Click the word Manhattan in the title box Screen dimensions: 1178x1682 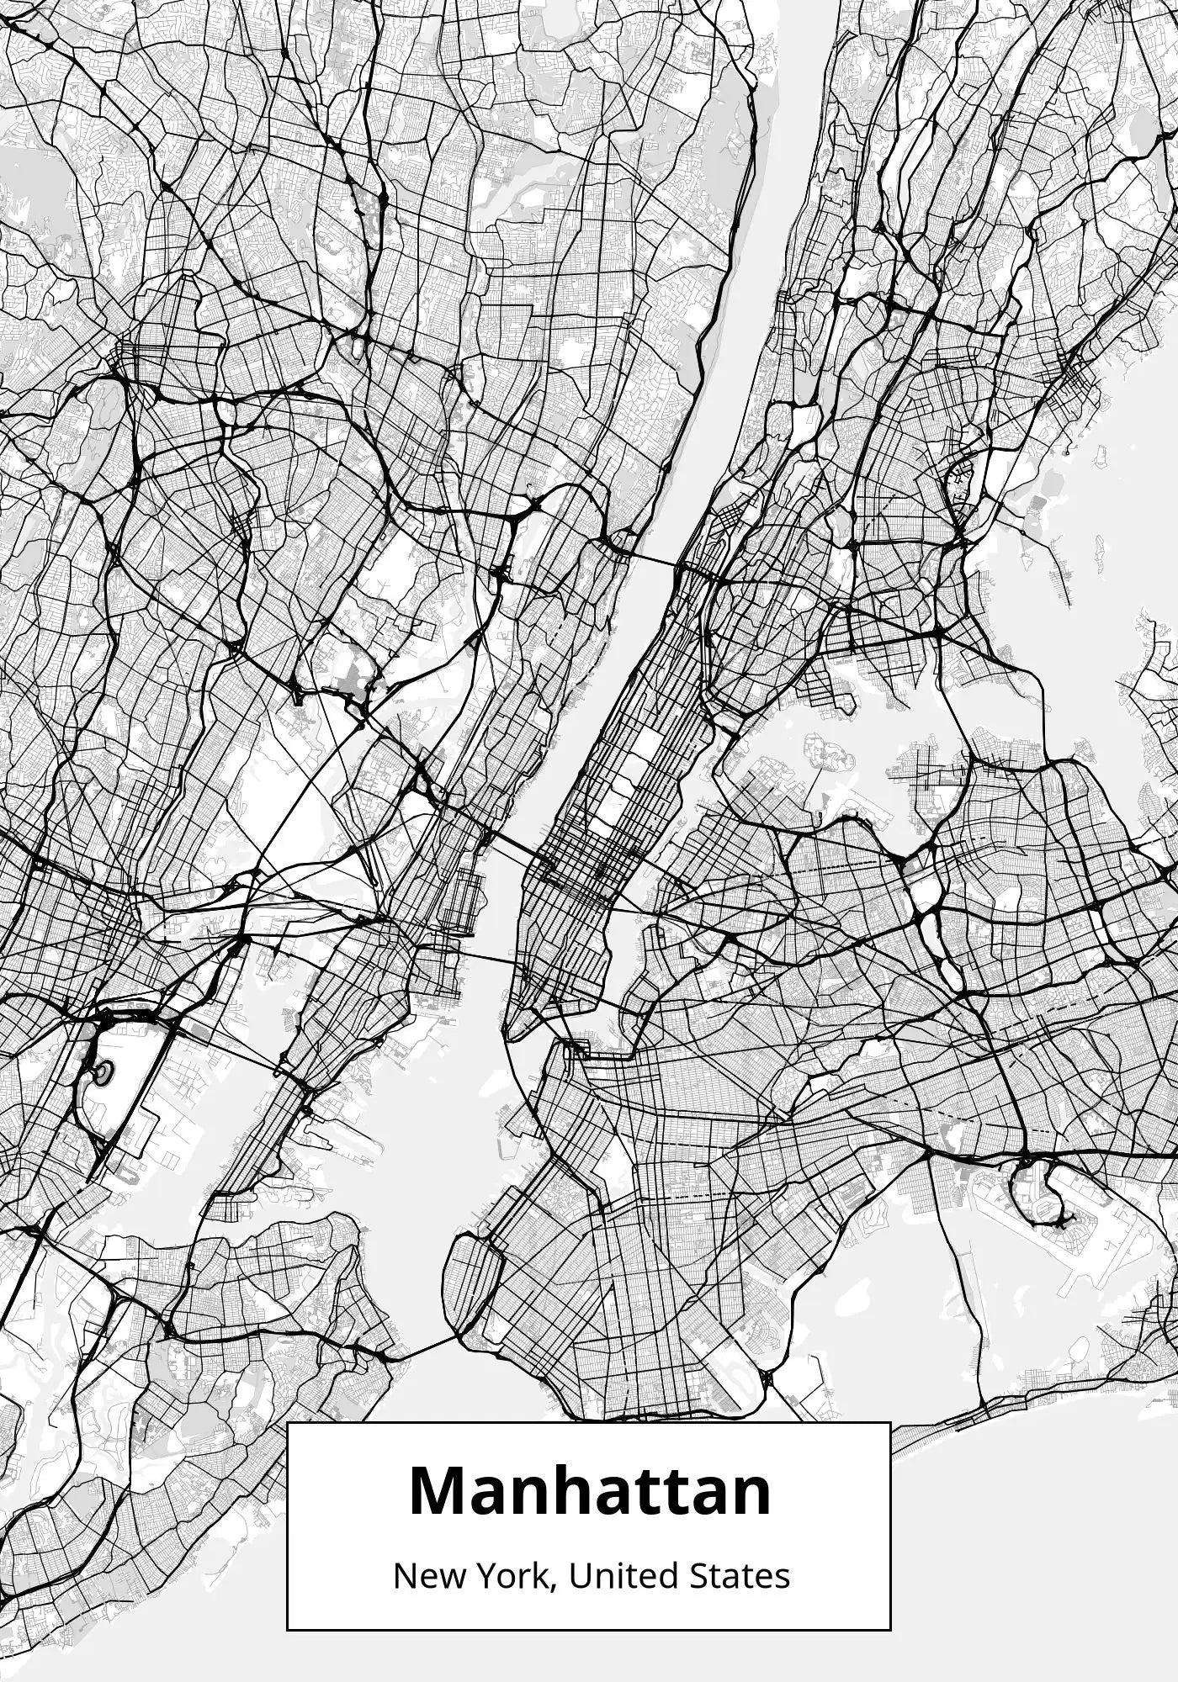(x=589, y=1491)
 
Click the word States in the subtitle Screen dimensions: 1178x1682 (x=740, y=1576)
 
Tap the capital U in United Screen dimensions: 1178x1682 (x=579, y=1576)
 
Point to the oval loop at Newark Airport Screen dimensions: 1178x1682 (x=103, y=1072)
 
